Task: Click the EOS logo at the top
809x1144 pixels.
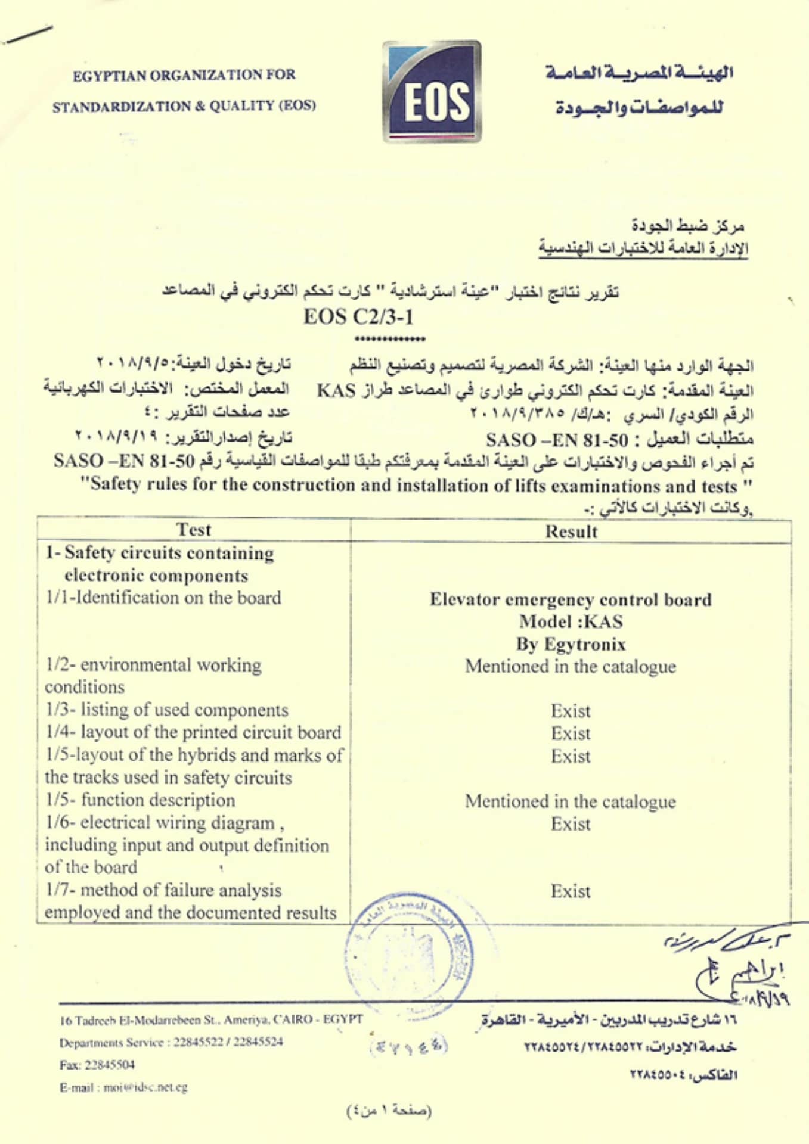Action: coord(432,91)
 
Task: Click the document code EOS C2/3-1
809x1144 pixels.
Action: coord(358,316)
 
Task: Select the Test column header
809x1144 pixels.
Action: coord(194,530)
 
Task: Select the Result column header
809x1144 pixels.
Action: coord(571,531)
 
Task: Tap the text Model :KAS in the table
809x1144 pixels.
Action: coord(571,621)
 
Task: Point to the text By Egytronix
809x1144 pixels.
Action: coord(571,644)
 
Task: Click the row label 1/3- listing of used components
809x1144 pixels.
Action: coord(167,710)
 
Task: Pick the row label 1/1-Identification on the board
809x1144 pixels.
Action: coord(163,598)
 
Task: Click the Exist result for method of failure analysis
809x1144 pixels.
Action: coord(571,891)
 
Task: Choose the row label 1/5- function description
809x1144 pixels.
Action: coord(140,800)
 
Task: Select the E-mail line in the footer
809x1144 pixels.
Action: coord(123,1087)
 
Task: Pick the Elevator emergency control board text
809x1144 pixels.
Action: coord(571,599)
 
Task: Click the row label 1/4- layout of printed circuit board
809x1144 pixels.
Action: coord(193,732)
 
